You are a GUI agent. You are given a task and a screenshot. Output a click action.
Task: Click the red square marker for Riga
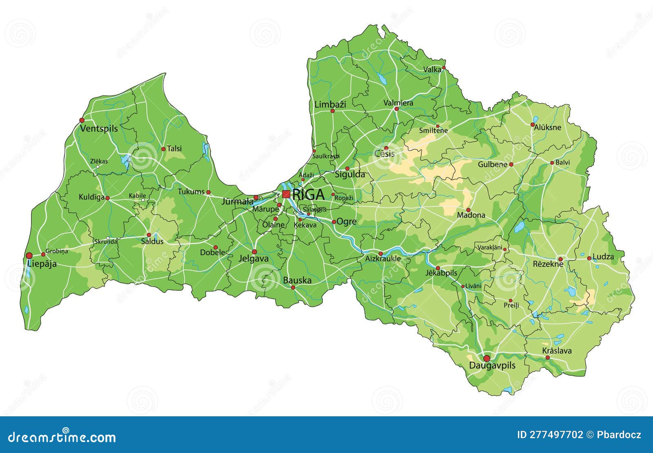point(286,194)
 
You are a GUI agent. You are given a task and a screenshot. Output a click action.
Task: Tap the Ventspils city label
point(99,129)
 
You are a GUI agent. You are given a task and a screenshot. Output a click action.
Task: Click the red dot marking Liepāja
point(29,256)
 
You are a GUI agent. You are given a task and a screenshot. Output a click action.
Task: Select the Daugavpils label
point(492,366)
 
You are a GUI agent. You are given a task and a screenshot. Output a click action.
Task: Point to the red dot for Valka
point(444,68)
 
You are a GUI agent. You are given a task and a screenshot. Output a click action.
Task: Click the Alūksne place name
point(548,128)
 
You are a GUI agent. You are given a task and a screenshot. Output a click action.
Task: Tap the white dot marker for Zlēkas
point(97,166)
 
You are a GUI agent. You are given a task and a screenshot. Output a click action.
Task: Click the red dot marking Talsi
point(163,149)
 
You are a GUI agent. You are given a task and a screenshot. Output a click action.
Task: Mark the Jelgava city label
point(253,259)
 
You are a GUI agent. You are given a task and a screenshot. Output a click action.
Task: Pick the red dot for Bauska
point(293,287)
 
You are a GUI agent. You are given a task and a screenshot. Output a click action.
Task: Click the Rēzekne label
point(548,264)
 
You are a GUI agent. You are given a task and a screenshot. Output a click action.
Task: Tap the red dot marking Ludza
point(589,258)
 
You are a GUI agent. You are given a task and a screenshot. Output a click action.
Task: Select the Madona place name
point(471,215)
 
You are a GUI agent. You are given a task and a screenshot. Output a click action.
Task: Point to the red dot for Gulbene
point(511,165)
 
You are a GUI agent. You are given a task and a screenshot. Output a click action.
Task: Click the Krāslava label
point(557,351)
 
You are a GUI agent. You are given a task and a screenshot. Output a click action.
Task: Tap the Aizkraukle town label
point(382,259)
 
